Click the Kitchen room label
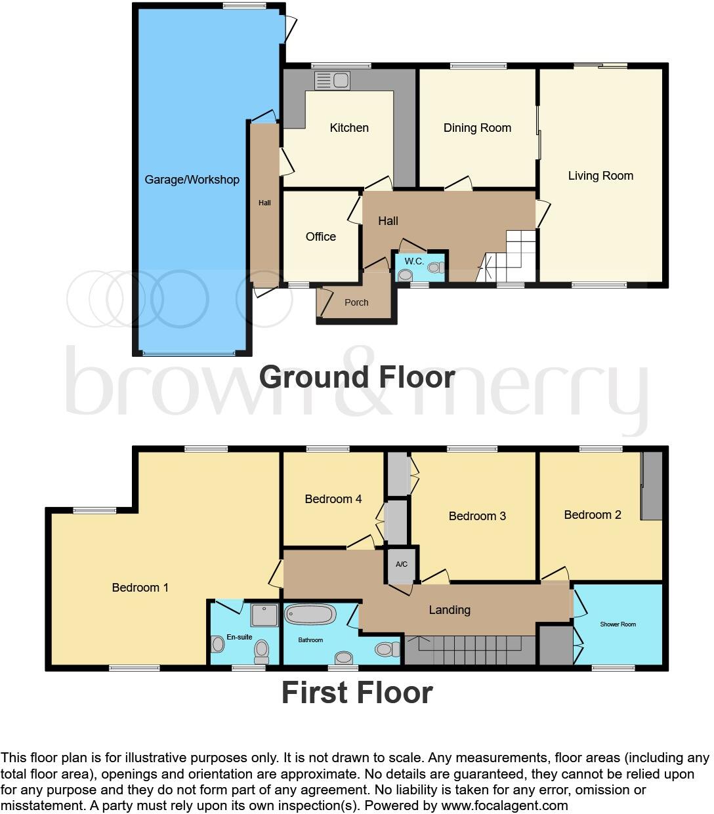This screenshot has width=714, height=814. coord(349,128)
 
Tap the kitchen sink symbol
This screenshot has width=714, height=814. coord(332,81)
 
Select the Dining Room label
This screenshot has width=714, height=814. coord(477,128)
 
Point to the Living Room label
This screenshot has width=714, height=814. coord(600,176)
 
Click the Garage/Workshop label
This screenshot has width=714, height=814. coord(192,180)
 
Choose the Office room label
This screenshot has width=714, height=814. coord(321,237)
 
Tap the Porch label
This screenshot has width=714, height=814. coord(356,302)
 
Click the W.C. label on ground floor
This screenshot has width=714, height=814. coord(413,261)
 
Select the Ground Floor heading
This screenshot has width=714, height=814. coord(357,377)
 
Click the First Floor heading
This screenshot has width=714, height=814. coord(357,693)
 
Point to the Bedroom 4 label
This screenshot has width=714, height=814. coord(333,499)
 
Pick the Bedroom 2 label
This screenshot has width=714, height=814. coord(593,515)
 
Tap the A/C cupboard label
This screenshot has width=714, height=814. coord(402,564)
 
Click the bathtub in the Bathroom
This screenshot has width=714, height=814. coord(311,615)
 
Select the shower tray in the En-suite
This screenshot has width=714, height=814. coord(264,615)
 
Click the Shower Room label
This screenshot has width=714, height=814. coord(618,624)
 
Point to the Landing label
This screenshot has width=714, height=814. coord(450,610)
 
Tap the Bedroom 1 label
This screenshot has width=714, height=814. coord(140,588)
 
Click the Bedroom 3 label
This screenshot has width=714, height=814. coord(477,516)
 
